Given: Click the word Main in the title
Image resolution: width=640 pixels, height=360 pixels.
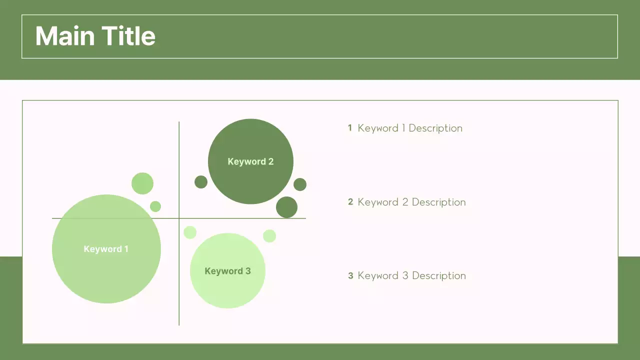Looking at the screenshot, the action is (x=65, y=36).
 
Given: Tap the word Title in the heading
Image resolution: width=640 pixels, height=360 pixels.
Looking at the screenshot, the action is (x=128, y=36).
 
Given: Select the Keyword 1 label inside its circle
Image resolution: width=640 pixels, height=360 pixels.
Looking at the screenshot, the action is (x=106, y=249).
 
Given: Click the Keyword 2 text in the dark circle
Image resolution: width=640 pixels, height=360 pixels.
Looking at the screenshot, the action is (x=250, y=161).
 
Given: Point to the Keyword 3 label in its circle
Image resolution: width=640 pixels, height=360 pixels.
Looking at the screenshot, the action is (x=227, y=271).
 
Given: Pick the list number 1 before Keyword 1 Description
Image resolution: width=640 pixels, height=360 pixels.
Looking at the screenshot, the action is (x=350, y=127).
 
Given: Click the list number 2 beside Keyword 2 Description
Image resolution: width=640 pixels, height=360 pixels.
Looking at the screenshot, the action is (x=350, y=201).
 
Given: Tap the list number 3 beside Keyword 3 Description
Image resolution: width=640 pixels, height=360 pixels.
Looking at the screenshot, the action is (x=350, y=275).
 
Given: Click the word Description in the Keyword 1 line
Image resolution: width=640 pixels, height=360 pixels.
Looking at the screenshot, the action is (x=435, y=128).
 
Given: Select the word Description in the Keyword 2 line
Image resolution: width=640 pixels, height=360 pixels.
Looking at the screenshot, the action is (x=439, y=202).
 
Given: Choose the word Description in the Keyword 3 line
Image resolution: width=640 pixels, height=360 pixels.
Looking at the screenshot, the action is (x=439, y=276).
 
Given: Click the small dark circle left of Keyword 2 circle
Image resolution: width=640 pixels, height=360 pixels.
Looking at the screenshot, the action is (x=201, y=182).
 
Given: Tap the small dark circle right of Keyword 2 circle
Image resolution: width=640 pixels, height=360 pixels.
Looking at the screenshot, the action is (x=300, y=184).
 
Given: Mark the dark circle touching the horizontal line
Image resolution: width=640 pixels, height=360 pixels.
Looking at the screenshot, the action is (x=286, y=207).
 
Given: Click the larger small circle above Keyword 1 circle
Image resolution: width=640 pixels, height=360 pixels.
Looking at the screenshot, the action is (x=142, y=183).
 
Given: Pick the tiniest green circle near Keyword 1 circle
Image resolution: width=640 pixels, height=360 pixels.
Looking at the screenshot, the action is (x=155, y=206).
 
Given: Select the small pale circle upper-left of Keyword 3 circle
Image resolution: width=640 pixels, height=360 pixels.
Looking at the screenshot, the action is (x=190, y=232).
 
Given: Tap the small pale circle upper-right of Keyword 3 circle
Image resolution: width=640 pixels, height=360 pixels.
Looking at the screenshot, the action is (x=269, y=235).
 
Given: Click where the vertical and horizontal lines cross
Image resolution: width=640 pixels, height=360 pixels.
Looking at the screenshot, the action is (x=179, y=218).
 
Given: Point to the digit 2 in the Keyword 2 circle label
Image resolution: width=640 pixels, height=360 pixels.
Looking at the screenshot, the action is (x=271, y=161).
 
